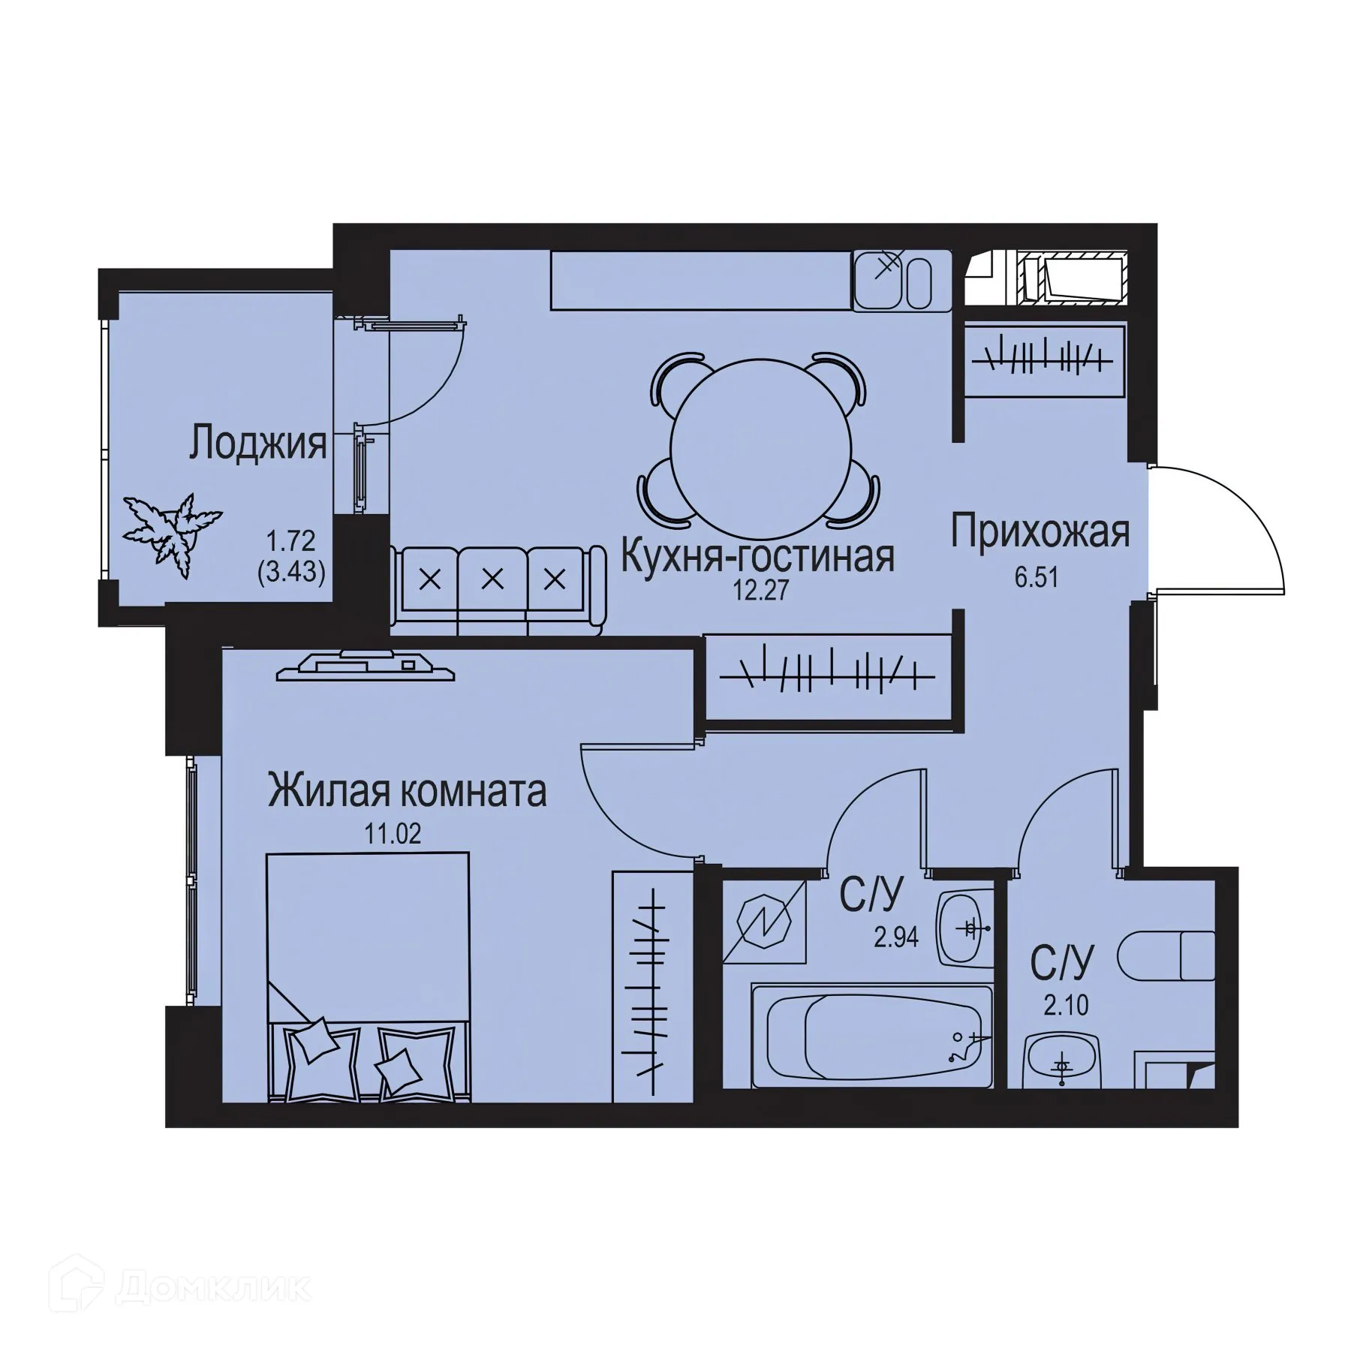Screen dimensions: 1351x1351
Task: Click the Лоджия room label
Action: click(257, 443)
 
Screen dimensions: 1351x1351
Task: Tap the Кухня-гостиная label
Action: click(758, 557)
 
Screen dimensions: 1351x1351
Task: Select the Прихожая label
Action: click(1040, 532)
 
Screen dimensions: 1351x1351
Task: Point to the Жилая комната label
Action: click(408, 792)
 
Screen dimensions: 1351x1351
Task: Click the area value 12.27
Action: click(761, 591)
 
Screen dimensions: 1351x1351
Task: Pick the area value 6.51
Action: click(1037, 577)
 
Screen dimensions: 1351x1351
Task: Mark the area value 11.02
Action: click(393, 833)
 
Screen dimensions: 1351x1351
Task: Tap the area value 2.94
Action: click(896, 937)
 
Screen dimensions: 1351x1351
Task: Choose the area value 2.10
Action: click(1066, 1004)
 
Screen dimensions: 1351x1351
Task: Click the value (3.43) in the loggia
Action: click(291, 573)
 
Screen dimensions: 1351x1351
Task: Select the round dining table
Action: click(760, 447)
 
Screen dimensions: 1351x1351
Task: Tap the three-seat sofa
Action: click(497, 589)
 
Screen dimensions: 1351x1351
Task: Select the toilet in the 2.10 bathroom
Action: click(1166, 956)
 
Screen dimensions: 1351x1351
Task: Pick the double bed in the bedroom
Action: click(368, 976)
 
